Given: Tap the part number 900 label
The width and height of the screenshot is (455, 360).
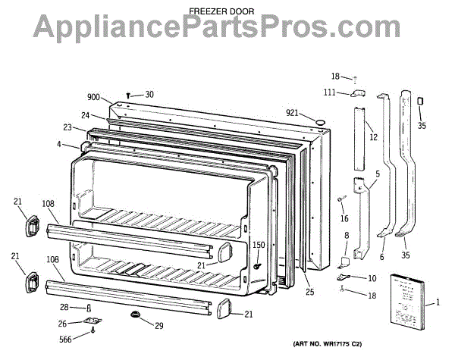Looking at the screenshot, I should click(94, 98).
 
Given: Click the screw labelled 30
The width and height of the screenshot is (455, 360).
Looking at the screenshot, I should click(130, 95).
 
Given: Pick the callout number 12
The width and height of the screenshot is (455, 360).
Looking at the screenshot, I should click(373, 137).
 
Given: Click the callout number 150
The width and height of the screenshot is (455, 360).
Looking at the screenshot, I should click(259, 245).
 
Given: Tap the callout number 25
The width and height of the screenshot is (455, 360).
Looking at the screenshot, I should click(309, 291).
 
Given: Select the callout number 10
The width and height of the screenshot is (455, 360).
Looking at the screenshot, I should click(372, 278).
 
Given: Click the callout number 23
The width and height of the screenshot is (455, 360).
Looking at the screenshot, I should click(68, 127).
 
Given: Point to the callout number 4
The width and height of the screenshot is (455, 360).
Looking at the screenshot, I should click(59, 144).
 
